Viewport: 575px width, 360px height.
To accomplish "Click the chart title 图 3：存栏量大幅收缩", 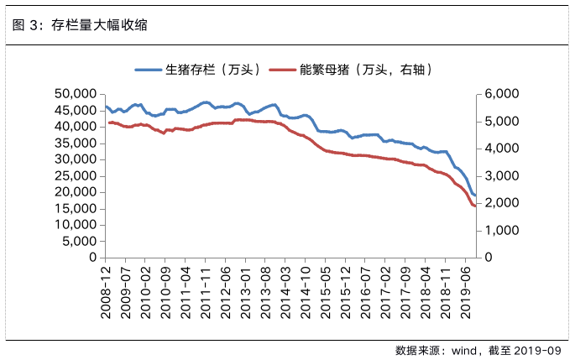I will pyautogui.click(x=81, y=25).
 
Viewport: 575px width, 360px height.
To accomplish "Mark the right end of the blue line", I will pyautogui.click(x=475, y=196).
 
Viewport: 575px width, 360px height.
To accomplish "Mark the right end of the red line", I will pyautogui.click(x=475, y=206).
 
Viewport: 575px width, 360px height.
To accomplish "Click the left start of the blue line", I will pyautogui.click(x=105, y=106).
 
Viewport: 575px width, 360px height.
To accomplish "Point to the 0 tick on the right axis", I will pyautogui.click(x=486, y=257).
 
